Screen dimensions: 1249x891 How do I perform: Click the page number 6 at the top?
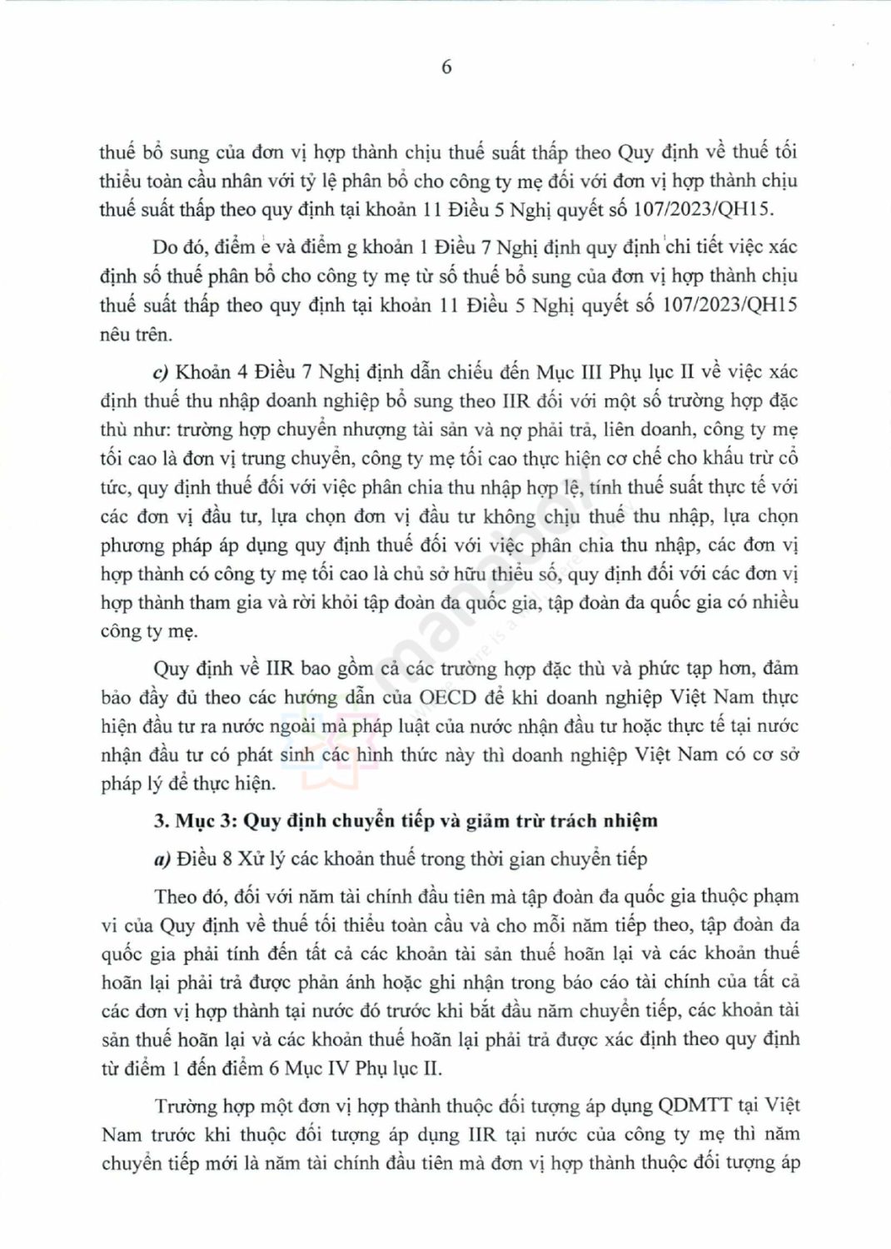pos(446,67)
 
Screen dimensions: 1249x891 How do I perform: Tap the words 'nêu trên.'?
pos(135,335)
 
